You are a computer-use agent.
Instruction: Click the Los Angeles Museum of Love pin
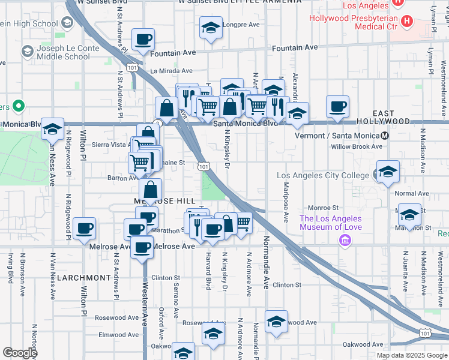345,241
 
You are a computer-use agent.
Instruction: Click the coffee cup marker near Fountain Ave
143,40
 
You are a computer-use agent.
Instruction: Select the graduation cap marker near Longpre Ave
211,28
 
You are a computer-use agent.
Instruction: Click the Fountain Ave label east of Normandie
294,47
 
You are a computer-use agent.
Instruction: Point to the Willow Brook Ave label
356,146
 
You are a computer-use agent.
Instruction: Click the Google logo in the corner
20,353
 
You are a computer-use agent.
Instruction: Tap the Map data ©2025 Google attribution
412,355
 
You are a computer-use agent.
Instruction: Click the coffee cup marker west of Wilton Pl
85,229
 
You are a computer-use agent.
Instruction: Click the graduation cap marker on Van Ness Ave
52,128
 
